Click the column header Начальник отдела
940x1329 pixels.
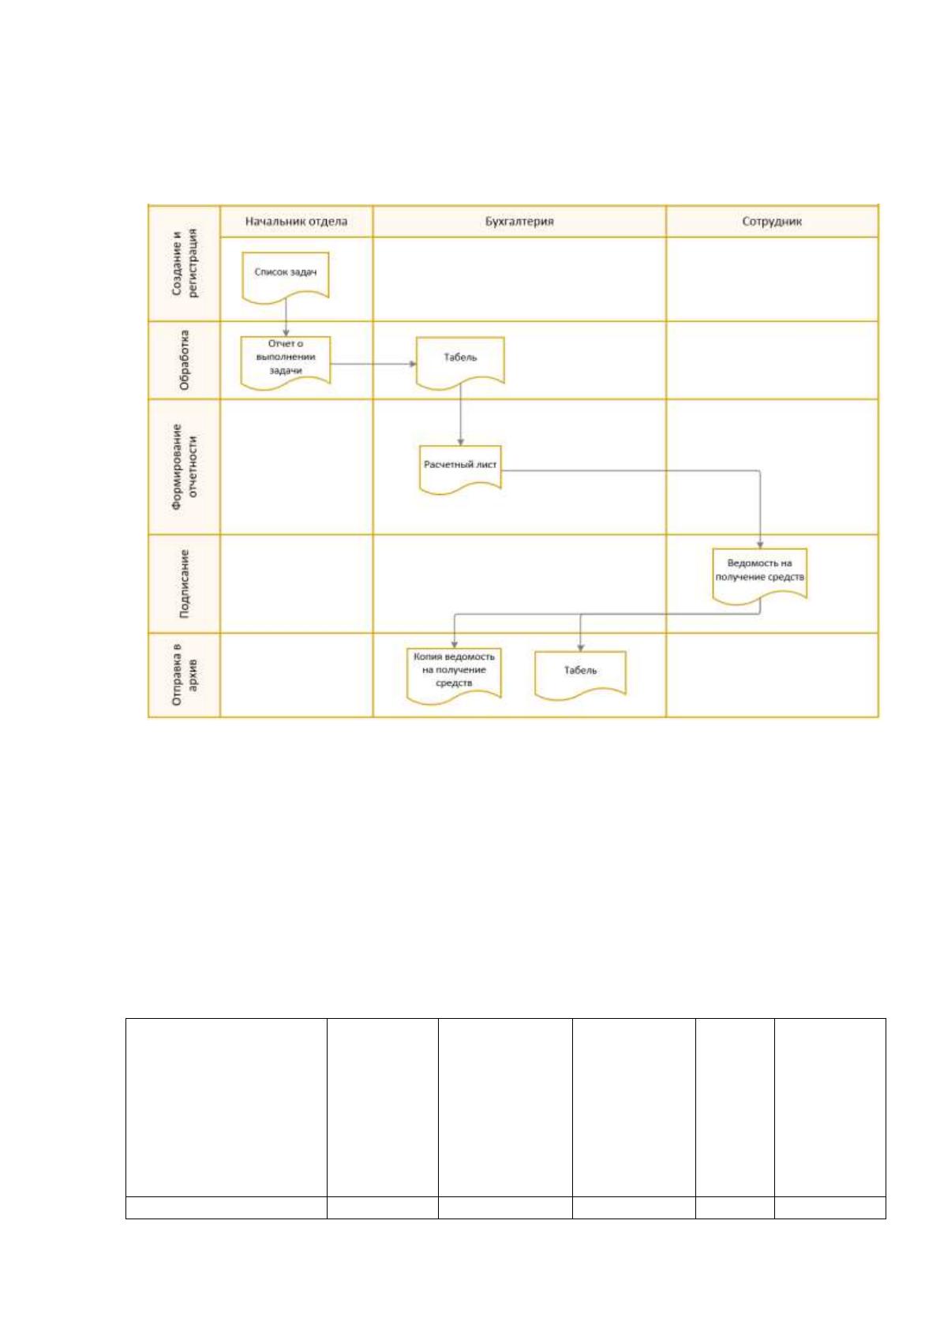tap(296, 221)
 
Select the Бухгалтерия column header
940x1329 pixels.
tap(519, 221)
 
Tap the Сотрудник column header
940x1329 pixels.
tap(771, 221)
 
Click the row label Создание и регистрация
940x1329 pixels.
tap(185, 262)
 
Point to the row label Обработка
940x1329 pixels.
tap(184, 360)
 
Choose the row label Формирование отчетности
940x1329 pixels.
tap(185, 466)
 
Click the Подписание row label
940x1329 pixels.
tap(184, 584)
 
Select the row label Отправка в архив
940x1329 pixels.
tap(185, 675)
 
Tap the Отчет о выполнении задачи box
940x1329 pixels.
tap(286, 362)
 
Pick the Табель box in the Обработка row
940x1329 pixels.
tap(460, 362)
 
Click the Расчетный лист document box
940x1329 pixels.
tap(460, 470)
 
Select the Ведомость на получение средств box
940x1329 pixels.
tap(759, 575)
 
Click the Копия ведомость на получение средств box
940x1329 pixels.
tap(454, 676)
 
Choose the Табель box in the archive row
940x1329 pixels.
tap(580, 676)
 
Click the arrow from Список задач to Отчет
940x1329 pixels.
tap(286, 316)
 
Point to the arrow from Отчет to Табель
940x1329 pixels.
tap(373, 364)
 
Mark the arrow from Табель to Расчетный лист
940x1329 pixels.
tap(460, 414)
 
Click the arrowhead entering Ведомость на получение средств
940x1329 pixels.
tap(760, 544)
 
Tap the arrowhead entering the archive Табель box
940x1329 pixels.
tap(581, 647)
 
